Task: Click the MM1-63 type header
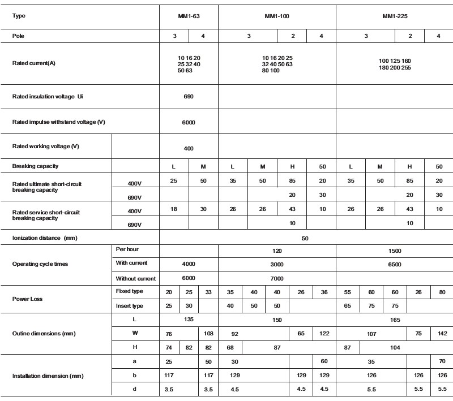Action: [189, 17]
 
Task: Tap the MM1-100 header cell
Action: [277, 17]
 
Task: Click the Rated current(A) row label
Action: [34, 63]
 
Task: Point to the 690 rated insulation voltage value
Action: [189, 97]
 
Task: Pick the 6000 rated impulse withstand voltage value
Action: [189, 122]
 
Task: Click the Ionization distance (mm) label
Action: [44, 238]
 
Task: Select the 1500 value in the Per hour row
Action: [395, 249]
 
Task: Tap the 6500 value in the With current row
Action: [395, 264]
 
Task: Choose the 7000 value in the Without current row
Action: [277, 278]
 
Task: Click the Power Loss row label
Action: [27, 299]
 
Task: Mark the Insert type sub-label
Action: [130, 306]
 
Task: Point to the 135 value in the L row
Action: [189, 320]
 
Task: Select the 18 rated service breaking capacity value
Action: [174, 209]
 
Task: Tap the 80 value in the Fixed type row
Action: [439, 292]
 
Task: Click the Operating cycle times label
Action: [40, 264]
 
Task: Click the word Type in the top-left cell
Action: [19, 16]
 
